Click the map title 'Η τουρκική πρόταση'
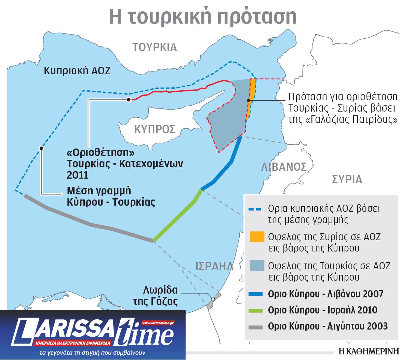click(x=203, y=16)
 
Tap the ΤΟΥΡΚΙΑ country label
click(x=155, y=47)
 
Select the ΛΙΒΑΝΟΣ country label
click(x=283, y=167)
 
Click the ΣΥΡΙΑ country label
click(x=347, y=179)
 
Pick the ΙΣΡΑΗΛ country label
click(x=214, y=266)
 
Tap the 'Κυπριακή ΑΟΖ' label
click(x=78, y=71)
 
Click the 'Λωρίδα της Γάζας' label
click(x=161, y=296)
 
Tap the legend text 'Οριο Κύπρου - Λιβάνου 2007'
click(x=325, y=294)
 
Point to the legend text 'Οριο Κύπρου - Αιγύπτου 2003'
click(x=328, y=326)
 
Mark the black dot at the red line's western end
click(x=128, y=100)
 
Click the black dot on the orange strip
click(x=249, y=100)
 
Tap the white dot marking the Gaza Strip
click(x=213, y=298)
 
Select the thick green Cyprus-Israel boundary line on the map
click(x=177, y=216)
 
